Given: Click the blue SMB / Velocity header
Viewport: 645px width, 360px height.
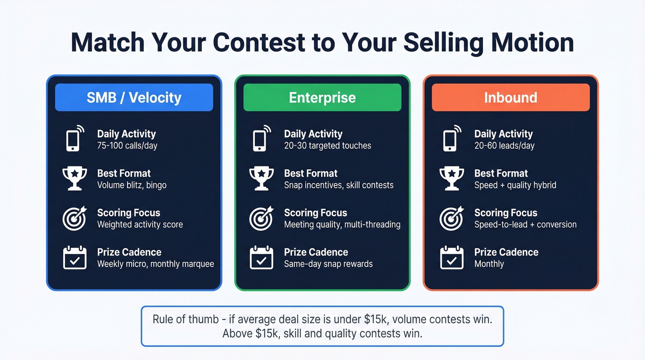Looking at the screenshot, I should click(x=134, y=97).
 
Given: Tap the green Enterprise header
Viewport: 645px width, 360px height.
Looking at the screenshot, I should click(x=322, y=97).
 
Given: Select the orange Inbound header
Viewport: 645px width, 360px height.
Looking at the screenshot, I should click(x=510, y=97).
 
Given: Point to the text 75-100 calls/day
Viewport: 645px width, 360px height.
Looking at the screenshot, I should click(x=127, y=146).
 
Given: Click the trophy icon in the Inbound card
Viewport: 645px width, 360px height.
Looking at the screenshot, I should click(x=451, y=178).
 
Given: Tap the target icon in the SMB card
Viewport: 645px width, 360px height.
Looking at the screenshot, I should click(x=75, y=218).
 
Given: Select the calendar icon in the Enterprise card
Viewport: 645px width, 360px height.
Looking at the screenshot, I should click(x=261, y=258).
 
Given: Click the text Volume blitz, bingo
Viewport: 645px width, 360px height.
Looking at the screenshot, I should click(x=132, y=185).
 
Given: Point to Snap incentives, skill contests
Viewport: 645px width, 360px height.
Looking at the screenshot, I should click(x=339, y=185).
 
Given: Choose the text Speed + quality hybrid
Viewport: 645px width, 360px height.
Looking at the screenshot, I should click(x=515, y=185).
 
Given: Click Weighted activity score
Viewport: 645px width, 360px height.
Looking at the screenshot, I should click(x=140, y=225).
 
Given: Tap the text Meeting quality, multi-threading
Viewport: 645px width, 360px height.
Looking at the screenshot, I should click(x=342, y=225).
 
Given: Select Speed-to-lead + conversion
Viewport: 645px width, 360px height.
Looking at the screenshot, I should click(x=525, y=225).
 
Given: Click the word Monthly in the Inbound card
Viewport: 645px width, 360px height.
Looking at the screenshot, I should click(x=489, y=264).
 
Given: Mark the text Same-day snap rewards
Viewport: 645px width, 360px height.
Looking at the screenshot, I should click(x=328, y=264).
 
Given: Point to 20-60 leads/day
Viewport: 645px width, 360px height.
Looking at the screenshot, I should click(x=504, y=146).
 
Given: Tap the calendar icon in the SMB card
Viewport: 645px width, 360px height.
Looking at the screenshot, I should click(x=75, y=258).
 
